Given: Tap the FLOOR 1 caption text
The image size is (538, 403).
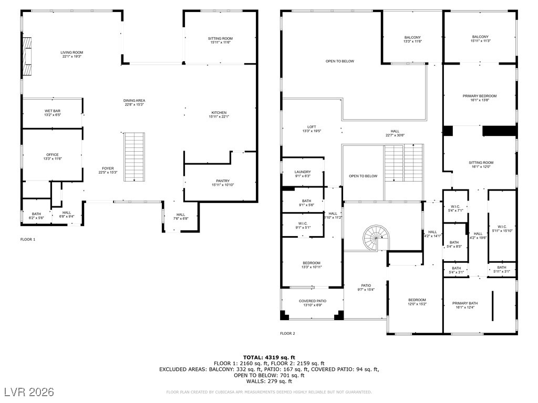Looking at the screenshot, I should [x=27, y=239].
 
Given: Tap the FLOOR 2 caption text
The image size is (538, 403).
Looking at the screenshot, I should [x=287, y=333].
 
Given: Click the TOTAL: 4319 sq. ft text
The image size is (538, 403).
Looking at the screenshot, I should [x=268, y=357].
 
